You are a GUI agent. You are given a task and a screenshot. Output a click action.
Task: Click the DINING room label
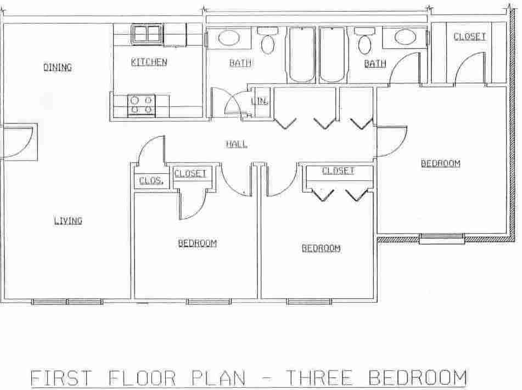[x=58, y=67]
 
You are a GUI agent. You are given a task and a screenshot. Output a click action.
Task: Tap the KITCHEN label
[x=149, y=62]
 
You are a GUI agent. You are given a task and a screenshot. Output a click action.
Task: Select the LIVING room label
[x=68, y=221]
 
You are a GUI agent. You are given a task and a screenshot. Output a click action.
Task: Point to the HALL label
[x=237, y=144]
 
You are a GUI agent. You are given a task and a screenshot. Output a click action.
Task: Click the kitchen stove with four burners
[x=141, y=105]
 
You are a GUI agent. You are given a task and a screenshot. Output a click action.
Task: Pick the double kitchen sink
[x=147, y=34]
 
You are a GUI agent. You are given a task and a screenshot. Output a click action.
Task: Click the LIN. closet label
[x=259, y=101]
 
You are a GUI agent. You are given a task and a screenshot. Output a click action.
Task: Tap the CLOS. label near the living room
[x=151, y=180]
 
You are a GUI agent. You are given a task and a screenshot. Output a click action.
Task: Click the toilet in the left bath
[x=268, y=42]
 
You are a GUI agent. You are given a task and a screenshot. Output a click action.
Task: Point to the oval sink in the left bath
[x=228, y=38]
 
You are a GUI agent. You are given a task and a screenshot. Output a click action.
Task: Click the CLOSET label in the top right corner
[x=469, y=37]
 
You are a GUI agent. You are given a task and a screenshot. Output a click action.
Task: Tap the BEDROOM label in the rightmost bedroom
[x=440, y=163]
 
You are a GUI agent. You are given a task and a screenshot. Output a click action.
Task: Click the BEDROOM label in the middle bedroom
[x=321, y=248]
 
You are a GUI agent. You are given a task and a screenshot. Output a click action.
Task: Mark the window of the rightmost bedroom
[x=442, y=238]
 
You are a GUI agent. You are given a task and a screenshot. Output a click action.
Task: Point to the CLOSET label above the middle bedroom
[x=338, y=171]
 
